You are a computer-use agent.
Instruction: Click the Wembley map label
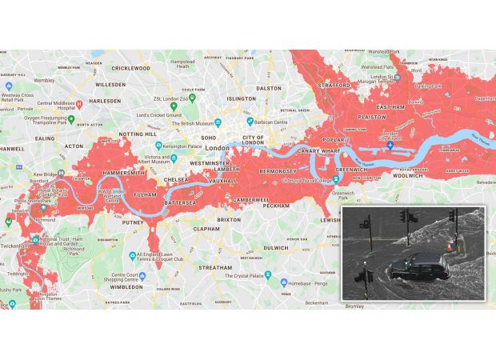click(44, 81)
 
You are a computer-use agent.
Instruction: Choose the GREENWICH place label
click(353, 170)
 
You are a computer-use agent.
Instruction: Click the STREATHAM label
click(216, 267)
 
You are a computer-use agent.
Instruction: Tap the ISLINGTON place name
click(241, 98)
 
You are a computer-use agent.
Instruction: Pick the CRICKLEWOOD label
click(131, 68)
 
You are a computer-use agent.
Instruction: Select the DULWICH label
click(275, 248)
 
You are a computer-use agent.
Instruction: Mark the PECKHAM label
click(276, 206)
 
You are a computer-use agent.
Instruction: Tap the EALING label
click(45, 138)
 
